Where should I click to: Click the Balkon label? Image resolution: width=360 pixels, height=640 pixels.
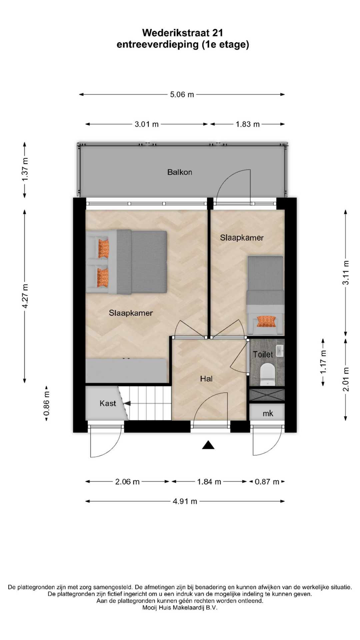point(180,172)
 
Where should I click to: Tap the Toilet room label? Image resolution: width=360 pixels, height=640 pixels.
point(263,354)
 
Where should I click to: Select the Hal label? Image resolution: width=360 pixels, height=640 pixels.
point(206,379)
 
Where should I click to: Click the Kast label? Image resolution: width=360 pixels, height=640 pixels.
point(108,403)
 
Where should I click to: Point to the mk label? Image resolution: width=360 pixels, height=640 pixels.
point(268,414)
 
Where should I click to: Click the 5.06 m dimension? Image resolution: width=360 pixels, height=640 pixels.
point(182,95)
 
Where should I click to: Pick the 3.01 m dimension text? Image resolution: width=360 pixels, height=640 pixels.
point(147,124)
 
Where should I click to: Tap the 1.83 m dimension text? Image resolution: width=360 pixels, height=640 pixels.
point(248,124)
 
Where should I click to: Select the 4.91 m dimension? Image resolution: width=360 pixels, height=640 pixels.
point(185,501)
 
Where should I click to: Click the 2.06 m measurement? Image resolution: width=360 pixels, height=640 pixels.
point(127,482)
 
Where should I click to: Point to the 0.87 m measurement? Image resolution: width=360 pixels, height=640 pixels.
point(267,482)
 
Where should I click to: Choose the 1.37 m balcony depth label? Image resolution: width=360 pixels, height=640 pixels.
point(25,169)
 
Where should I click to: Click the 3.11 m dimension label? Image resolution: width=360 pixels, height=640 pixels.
point(346,273)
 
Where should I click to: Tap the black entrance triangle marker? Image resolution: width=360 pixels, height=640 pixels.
point(208,445)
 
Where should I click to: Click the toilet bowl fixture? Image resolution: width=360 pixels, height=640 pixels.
point(267,373)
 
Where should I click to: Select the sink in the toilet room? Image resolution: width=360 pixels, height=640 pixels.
point(280,351)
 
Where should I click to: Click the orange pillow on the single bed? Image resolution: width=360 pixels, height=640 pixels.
point(266,321)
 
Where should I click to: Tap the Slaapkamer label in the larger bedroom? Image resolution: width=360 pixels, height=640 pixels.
point(131,313)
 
